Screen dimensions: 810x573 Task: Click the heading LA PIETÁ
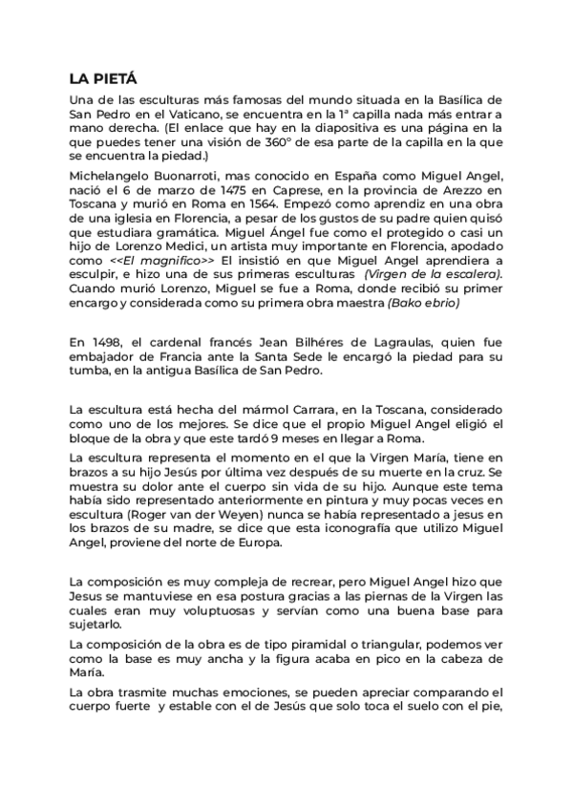coord(104,79)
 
